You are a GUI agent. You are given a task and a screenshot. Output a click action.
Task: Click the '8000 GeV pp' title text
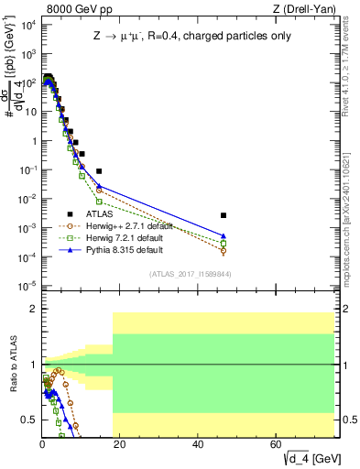point(73,10)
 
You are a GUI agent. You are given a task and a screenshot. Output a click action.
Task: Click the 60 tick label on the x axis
point(276,444)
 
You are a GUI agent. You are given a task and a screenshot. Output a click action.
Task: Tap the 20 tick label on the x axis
point(120,444)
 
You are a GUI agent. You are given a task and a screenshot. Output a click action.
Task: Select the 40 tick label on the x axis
point(198,444)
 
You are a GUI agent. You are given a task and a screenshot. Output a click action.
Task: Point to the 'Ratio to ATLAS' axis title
point(13,365)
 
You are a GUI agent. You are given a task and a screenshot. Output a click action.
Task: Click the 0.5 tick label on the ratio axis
point(29,420)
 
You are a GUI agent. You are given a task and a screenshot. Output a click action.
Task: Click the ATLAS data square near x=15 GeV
point(99,171)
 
